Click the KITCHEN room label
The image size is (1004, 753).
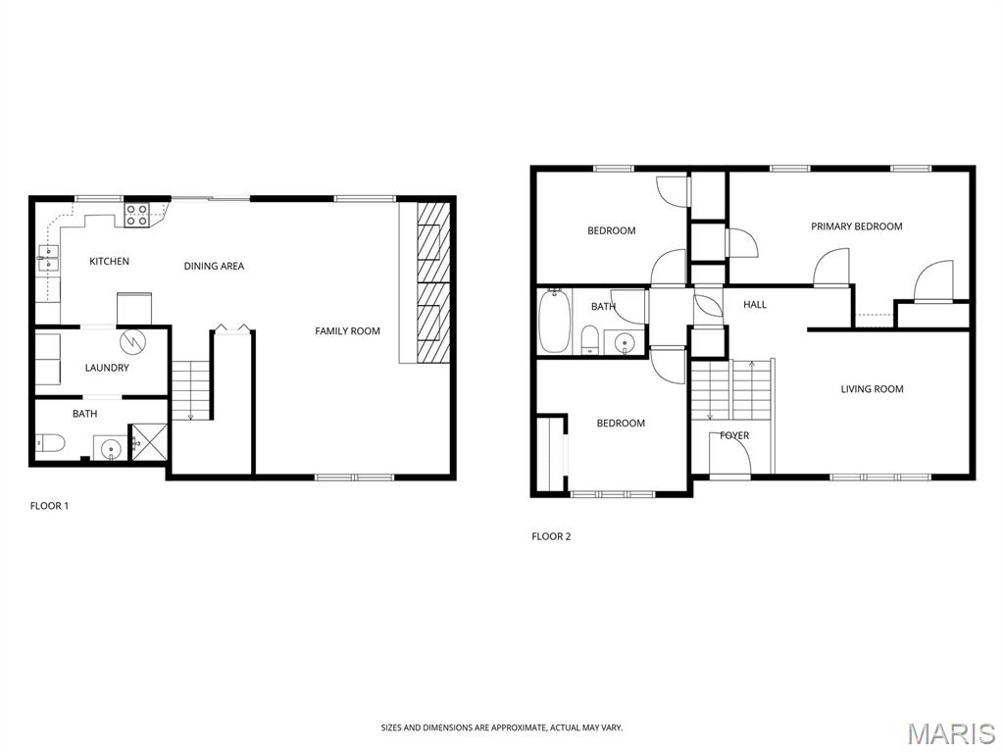pyautogui.click(x=109, y=261)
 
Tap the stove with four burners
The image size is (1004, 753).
pyautogui.click(x=137, y=215)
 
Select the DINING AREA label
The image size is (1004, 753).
pyautogui.click(x=214, y=266)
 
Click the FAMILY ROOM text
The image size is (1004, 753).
pyautogui.click(x=347, y=331)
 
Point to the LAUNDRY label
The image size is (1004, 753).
pyautogui.click(x=107, y=368)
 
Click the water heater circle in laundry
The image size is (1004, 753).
pyautogui.click(x=133, y=341)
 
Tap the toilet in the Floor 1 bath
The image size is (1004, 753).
pyautogui.click(x=51, y=442)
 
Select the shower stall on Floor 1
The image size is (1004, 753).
pyautogui.click(x=149, y=442)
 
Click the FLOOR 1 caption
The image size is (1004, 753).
pyautogui.click(x=49, y=506)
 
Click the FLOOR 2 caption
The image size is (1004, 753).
pyautogui.click(x=551, y=536)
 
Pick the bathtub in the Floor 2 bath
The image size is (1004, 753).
pyautogui.click(x=554, y=321)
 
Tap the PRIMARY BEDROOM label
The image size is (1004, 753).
pyautogui.click(x=856, y=226)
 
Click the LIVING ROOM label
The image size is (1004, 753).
pyautogui.click(x=872, y=388)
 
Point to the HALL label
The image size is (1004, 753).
pyautogui.click(x=755, y=305)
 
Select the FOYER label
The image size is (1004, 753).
pyautogui.click(x=733, y=435)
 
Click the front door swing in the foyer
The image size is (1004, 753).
pyautogui.click(x=729, y=455)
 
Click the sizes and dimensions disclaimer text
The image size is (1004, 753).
pyautogui.click(x=501, y=728)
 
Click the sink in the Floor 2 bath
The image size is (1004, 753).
pyautogui.click(x=625, y=343)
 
